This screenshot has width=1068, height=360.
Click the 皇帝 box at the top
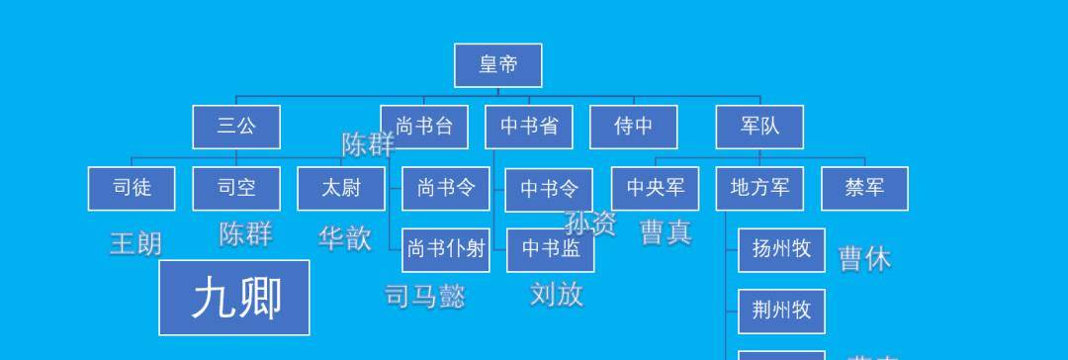(x=497, y=65)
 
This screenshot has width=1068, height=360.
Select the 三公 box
(x=236, y=127)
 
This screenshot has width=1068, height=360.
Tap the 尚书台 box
(x=424, y=127)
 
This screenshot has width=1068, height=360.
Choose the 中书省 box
(x=529, y=127)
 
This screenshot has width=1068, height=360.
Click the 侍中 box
(x=634, y=127)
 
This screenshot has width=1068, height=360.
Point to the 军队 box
(x=759, y=127)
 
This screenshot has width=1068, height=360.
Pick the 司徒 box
(x=132, y=188)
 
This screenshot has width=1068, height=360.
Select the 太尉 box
(x=341, y=188)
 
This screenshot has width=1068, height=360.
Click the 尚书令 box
(x=446, y=188)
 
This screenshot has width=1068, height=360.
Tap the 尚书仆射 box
(x=446, y=249)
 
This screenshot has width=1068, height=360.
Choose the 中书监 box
(x=551, y=249)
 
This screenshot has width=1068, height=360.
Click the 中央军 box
(x=656, y=188)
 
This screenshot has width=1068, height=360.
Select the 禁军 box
(x=864, y=188)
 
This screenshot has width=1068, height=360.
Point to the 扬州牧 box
(x=781, y=249)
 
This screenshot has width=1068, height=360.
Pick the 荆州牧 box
(x=781, y=311)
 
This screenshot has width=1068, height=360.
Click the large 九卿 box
(x=234, y=298)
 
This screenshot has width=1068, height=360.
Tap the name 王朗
(x=135, y=243)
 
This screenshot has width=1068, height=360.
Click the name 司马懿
(x=424, y=296)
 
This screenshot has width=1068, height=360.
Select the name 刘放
(x=557, y=294)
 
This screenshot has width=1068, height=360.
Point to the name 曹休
(x=864, y=259)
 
